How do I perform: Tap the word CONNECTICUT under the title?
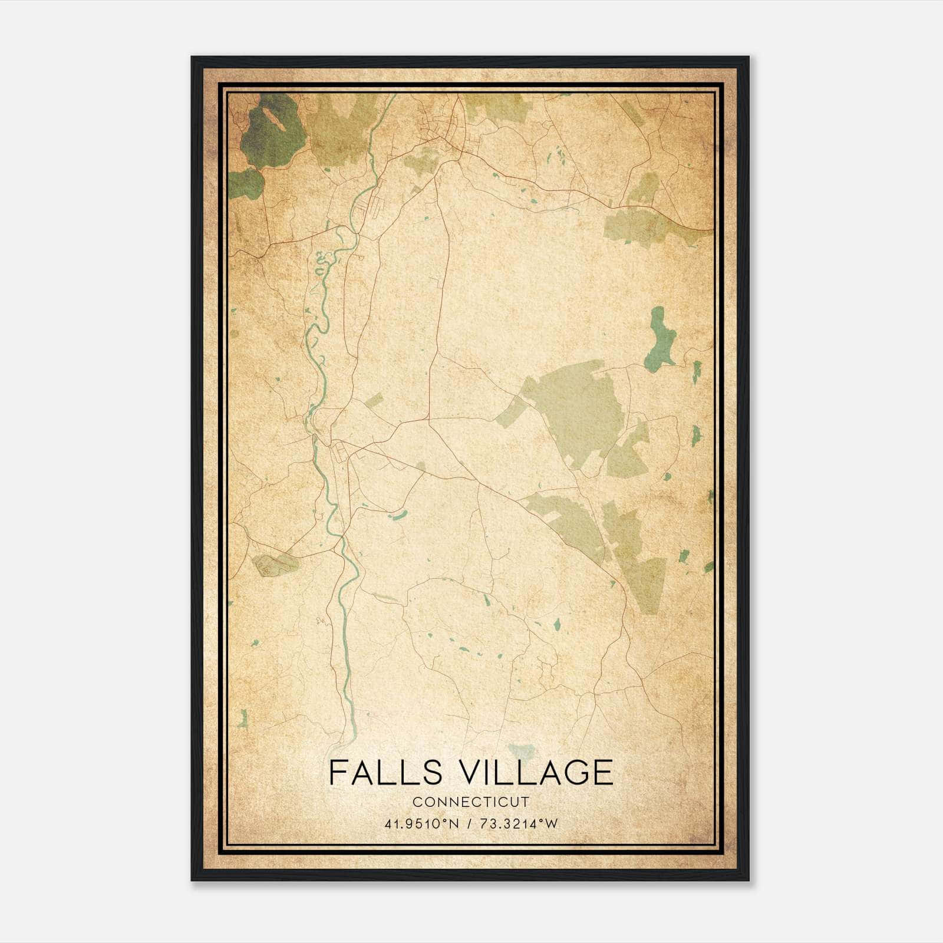pyautogui.click(x=471, y=802)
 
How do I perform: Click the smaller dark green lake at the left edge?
pyautogui.click(x=246, y=184)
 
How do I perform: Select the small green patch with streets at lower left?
pyautogui.click(x=275, y=565)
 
